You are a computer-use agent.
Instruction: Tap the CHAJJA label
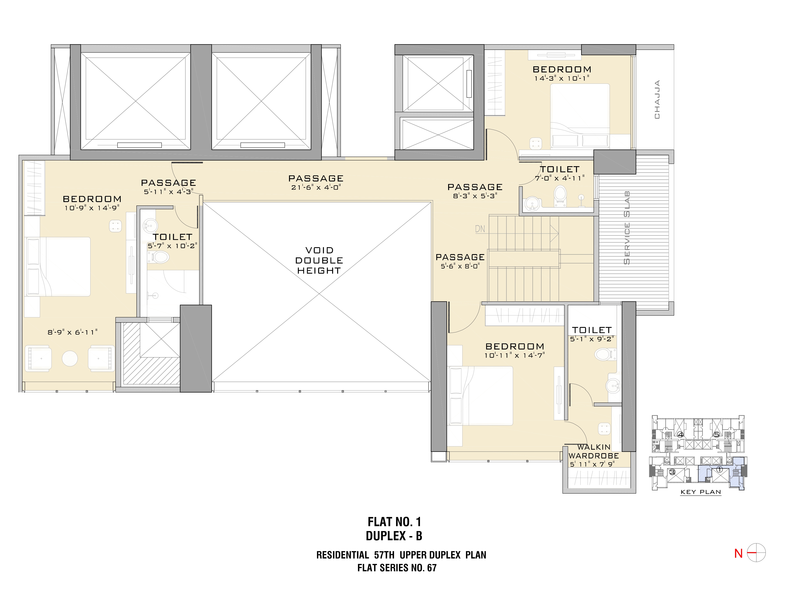pos(657,99)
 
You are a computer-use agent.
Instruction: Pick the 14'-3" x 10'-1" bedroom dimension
pos(562,78)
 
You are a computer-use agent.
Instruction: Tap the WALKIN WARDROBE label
pos(594,451)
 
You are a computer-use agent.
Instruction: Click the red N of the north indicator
pos(738,554)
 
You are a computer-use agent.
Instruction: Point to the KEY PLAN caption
pos(700,492)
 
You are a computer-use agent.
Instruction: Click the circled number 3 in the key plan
pos(672,472)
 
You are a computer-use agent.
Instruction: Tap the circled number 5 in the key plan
pos(716,435)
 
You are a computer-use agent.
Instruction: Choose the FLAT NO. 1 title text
pos(394,522)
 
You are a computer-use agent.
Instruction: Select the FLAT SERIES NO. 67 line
pos(397,568)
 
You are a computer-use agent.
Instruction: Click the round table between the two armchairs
pos(70,358)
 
